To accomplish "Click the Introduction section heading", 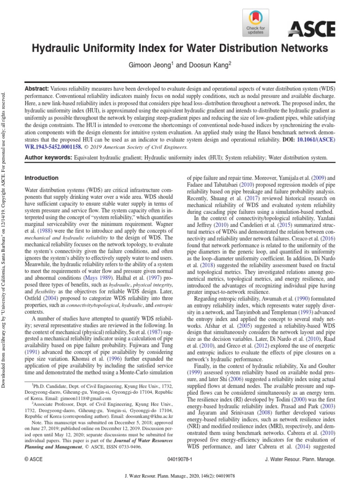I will pyautogui.click(x=41, y=178).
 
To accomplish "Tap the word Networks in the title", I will pyautogui.click(x=303, y=48).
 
